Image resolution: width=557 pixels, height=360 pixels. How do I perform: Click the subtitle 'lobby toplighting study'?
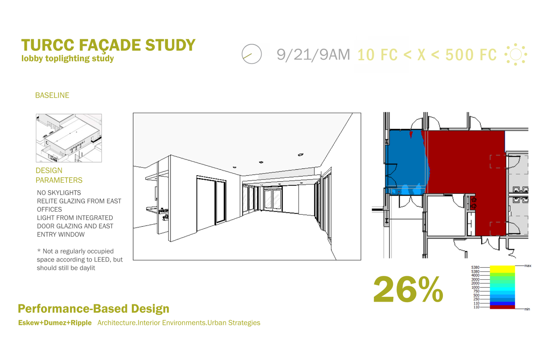coord(68,58)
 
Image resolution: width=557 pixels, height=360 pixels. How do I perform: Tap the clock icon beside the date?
coord(252,54)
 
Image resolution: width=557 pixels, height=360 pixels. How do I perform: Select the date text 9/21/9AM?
coord(313,54)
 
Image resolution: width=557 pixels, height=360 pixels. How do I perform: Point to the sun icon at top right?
coord(516,54)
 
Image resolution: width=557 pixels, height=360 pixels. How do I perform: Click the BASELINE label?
coord(52,95)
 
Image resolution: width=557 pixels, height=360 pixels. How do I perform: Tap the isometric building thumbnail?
coord(69,138)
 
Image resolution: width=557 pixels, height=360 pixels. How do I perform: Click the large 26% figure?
coord(408,290)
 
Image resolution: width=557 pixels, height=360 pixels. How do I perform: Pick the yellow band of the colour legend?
coord(502,269)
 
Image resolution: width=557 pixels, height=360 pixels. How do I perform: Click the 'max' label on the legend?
coord(528,266)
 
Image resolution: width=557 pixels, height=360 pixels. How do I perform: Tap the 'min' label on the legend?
coord(527,309)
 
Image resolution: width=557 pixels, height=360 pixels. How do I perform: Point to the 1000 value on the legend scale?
coord(475,287)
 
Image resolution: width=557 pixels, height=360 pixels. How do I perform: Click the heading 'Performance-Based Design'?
coord(94,308)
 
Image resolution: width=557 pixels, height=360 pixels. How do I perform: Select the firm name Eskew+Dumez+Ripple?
coord(55,323)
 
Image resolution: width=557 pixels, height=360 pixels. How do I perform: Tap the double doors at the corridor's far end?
coord(273,199)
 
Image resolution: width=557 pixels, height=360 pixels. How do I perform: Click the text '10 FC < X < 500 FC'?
coord(427,55)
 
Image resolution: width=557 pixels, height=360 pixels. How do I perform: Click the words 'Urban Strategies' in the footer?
coord(234,323)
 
